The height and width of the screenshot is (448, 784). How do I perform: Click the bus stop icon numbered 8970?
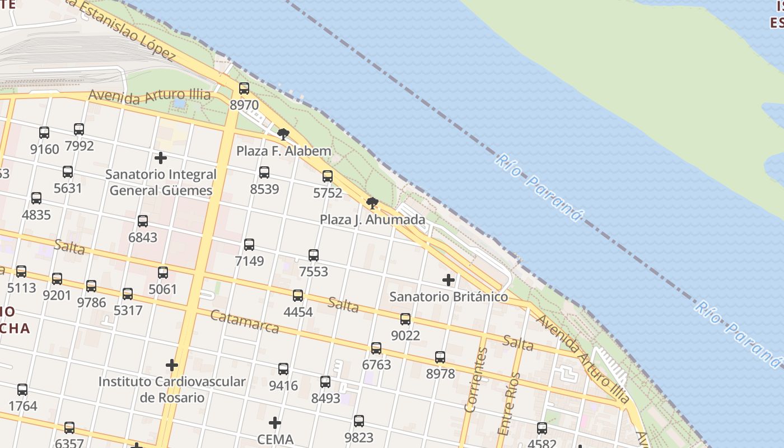(244, 88)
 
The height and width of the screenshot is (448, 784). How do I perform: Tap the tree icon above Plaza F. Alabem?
(283, 134)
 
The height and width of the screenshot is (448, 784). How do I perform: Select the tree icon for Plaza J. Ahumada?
(372, 203)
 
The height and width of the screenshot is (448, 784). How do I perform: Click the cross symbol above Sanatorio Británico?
(449, 279)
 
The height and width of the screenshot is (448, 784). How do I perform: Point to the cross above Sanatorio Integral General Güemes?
(161, 158)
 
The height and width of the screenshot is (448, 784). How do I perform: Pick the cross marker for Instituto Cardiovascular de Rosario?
(172, 365)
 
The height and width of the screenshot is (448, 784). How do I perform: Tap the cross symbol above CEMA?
(275, 422)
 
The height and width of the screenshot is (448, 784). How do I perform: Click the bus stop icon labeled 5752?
(328, 176)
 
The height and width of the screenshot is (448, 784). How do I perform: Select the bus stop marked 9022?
(405, 319)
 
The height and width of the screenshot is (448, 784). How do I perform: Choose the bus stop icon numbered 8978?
(440, 357)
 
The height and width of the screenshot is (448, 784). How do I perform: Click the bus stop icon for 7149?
(249, 244)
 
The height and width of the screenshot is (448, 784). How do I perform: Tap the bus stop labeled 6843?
(143, 221)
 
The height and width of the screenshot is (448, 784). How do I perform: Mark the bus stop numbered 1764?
(22, 389)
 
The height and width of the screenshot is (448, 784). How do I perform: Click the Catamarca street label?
(244, 321)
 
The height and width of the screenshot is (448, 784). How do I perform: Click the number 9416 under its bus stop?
(283, 386)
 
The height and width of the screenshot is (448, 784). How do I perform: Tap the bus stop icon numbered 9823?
(359, 421)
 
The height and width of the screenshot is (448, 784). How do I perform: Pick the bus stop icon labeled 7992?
(79, 129)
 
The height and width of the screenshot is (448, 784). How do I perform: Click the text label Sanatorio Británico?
(449, 297)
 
